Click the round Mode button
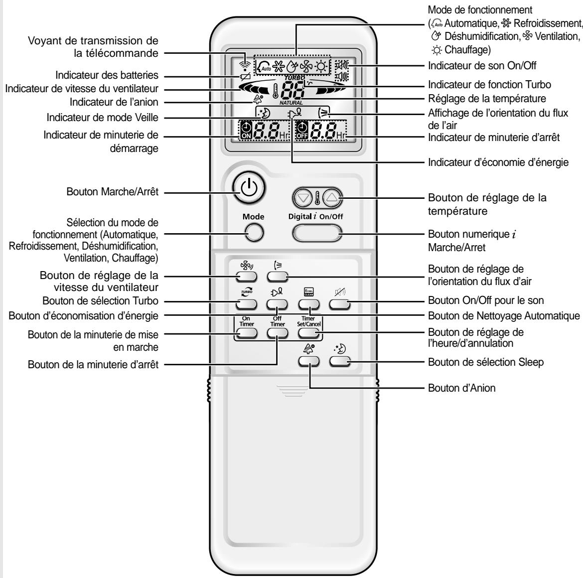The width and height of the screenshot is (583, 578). (253, 232)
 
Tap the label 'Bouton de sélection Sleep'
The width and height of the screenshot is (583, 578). (486, 362)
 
